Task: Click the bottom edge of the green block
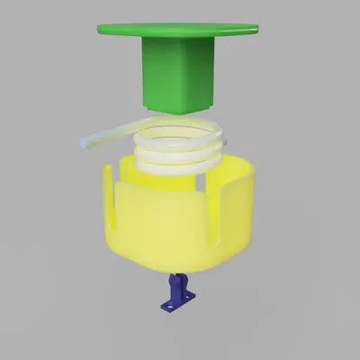[178, 109]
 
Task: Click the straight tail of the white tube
[108, 137]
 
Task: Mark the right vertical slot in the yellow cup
[215, 205]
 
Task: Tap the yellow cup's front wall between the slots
[166, 220]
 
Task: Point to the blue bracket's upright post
[174, 286]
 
